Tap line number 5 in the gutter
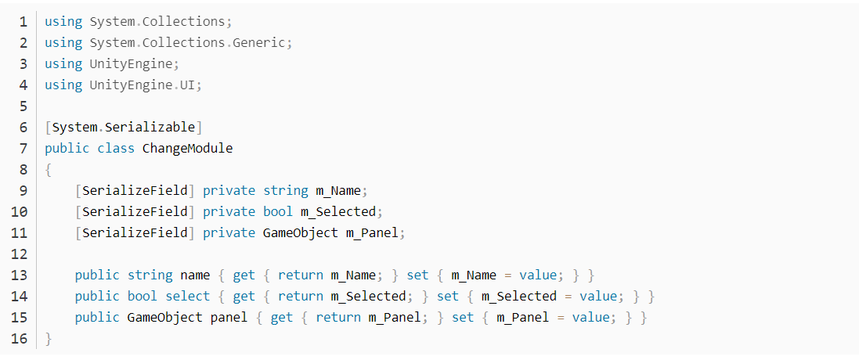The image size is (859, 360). point(23,106)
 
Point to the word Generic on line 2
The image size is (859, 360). point(259,42)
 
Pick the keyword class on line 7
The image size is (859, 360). point(116,148)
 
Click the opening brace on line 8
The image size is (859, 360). point(48,169)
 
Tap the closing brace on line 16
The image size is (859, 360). point(48,339)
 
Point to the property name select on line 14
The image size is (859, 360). point(188,296)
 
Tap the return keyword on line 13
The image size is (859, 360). point(300,275)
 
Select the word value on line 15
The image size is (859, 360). point(594,318)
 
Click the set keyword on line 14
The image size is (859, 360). point(447,296)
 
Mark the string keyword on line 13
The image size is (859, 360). point(150,275)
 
